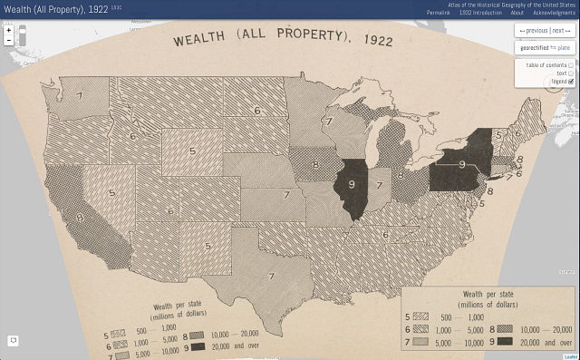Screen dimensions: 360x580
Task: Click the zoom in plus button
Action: (x=8, y=30)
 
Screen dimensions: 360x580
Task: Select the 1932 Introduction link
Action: (x=480, y=13)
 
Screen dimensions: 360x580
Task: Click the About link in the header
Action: (x=517, y=13)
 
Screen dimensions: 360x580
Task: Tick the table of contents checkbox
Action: (x=571, y=65)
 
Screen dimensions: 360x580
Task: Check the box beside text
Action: (x=571, y=73)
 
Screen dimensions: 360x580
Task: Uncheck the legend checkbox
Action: (x=571, y=82)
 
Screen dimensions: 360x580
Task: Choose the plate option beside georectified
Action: (x=564, y=47)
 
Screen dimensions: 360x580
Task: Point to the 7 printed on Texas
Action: (x=270, y=276)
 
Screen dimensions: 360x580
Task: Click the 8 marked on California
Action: (x=80, y=218)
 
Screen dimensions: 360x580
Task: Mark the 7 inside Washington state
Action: (x=79, y=94)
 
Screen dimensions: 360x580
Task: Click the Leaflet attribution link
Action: (x=570, y=356)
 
